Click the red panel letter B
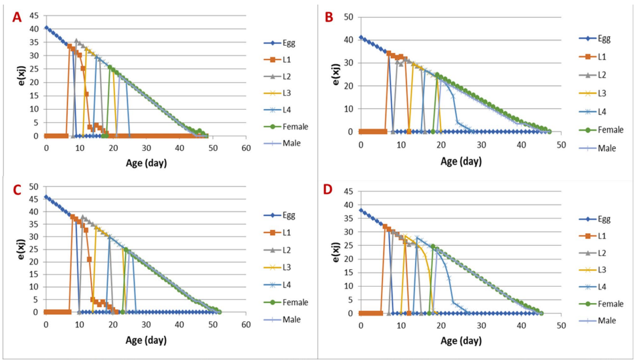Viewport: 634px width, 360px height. pyautogui.click(x=331, y=17)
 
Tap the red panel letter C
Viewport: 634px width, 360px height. pyautogui.click(x=18, y=190)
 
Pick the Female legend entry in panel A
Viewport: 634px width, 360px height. pyautogui.click(x=295, y=126)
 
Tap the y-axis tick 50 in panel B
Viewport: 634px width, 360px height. pyautogui.click(x=348, y=15)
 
